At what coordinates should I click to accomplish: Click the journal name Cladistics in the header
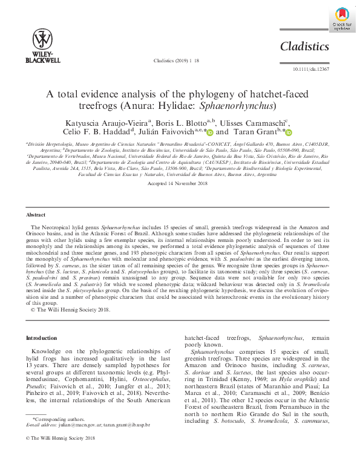point(304,47)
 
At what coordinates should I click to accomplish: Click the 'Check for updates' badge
point(341,19)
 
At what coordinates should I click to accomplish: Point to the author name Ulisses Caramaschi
point(250,122)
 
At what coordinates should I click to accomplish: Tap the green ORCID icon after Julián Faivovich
point(210,132)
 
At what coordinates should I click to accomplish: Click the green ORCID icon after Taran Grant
point(288,132)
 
